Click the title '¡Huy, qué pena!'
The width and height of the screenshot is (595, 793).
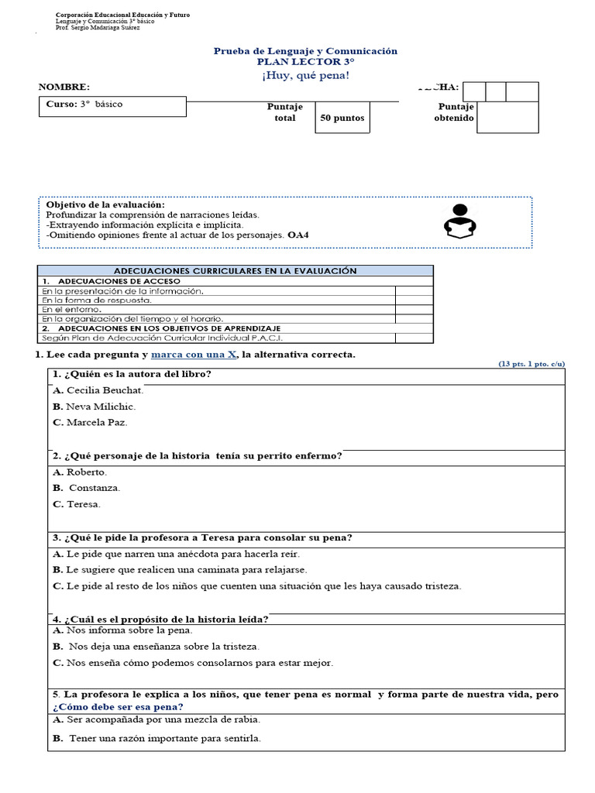305,74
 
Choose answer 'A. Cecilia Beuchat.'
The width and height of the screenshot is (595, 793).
98,390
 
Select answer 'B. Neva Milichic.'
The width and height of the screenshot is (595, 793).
94,407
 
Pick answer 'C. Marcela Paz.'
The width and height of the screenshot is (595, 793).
90,423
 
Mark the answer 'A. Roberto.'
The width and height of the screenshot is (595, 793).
80,472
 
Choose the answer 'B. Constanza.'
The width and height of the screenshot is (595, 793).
87,488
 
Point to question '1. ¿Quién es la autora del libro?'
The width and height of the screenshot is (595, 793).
132,375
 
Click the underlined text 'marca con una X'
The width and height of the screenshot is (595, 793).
194,354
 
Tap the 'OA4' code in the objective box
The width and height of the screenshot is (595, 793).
297,234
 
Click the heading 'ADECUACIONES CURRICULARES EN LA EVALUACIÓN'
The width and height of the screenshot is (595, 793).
235,271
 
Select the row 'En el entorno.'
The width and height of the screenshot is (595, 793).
71,309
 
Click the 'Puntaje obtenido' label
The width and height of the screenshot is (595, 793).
455,112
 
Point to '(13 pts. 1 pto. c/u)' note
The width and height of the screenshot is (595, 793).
531,363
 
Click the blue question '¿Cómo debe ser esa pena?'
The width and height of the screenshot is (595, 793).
118,707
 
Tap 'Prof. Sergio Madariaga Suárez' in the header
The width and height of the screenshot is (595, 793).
98,28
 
